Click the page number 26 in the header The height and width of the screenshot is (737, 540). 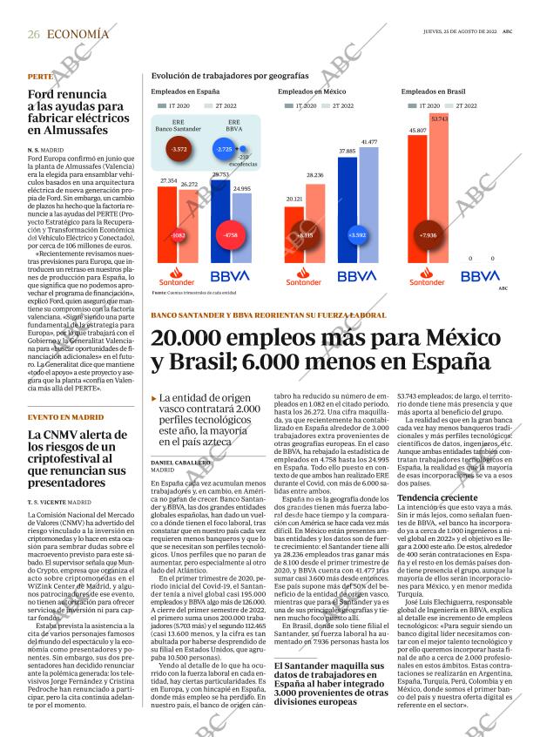[34, 34]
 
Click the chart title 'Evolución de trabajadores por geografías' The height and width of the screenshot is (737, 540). [230, 77]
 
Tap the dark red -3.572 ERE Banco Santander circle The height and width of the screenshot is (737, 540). [179, 150]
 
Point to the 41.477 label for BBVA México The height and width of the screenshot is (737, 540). [369, 141]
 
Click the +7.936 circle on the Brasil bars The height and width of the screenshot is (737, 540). [428, 235]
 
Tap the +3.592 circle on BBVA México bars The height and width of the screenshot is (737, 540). [356, 235]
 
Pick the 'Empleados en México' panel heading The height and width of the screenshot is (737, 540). [311, 91]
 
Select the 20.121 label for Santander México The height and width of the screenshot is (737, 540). [294, 199]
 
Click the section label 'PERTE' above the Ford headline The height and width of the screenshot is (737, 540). [40, 78]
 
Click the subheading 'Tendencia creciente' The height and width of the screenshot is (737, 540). [433, 498]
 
